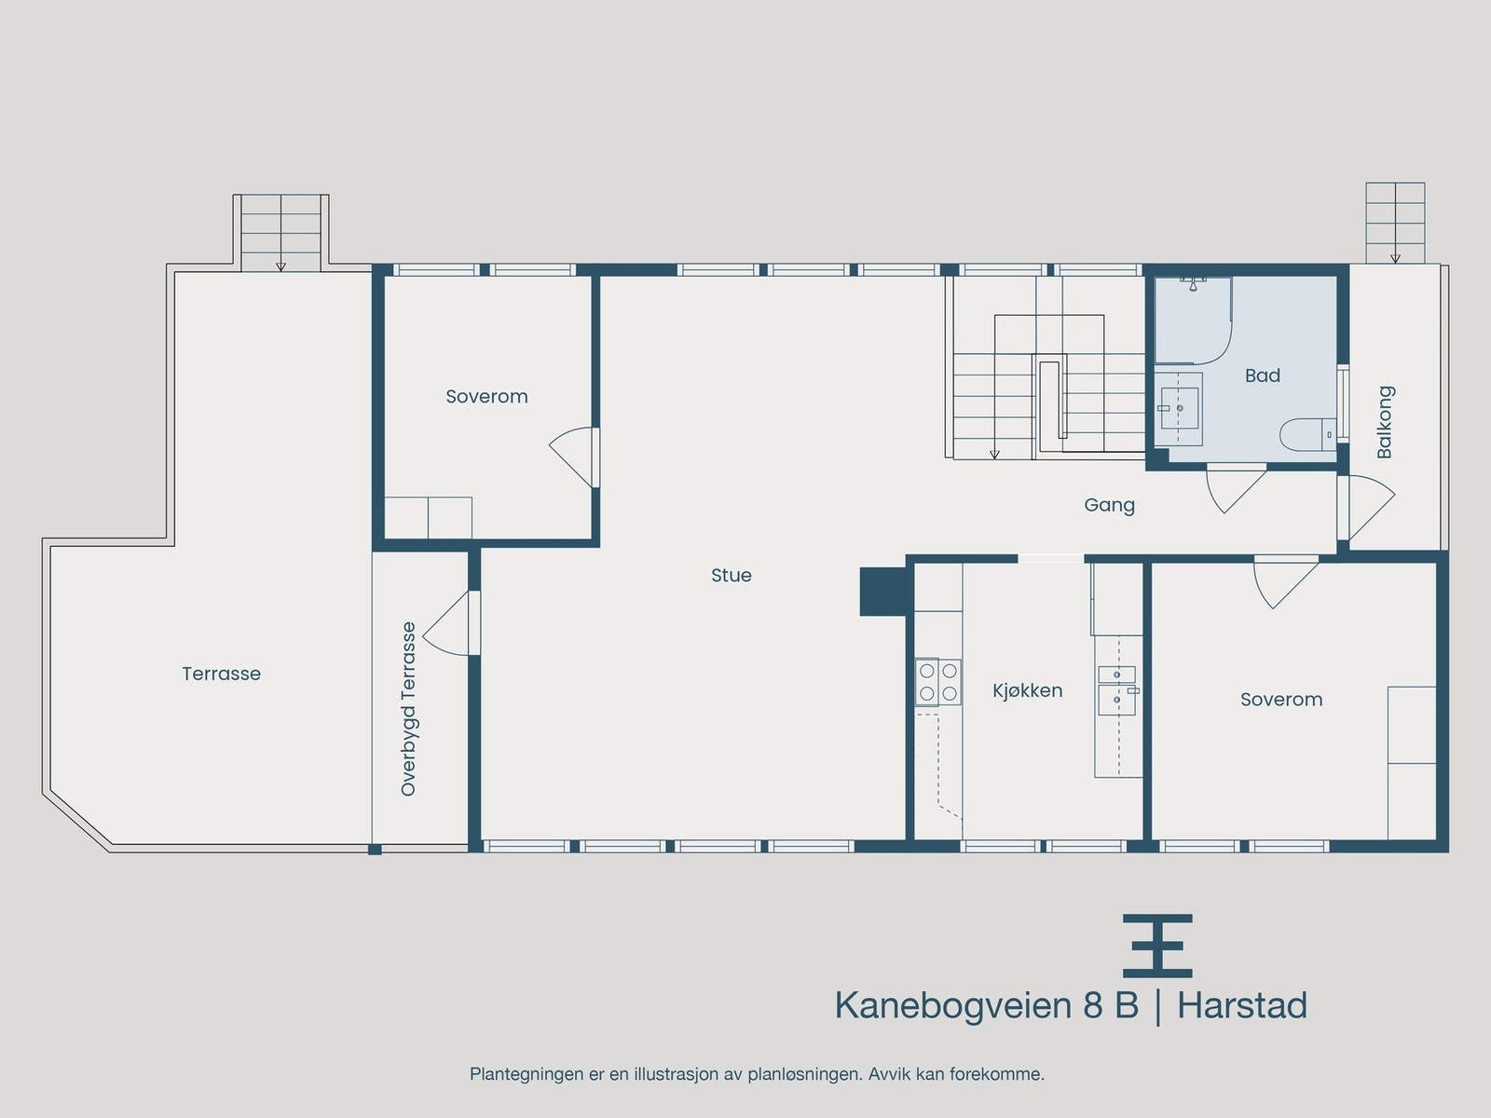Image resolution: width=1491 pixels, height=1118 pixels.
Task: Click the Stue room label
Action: pyautogui.click(x=731, y=576)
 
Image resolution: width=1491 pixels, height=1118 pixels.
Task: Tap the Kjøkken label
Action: pyautogui.click(x=1027, y=690)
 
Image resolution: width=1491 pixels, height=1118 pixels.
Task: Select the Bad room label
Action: pyautogui.click(x=1262, y=375)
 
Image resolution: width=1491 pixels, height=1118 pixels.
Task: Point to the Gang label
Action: pyautogui.click(x=1109, y=505)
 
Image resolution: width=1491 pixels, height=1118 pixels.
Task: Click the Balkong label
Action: pyautogui.click(x=1385, y=422)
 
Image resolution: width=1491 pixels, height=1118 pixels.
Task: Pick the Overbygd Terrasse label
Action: pyautogui.click(x=408, y=709)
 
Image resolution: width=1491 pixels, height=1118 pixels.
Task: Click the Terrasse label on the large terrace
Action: pyautogui.click(x=221, y=674)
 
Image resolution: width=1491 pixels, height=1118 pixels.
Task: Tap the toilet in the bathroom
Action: pyautogui.click(x=1306, y=435)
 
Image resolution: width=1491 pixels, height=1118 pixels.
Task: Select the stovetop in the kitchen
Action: pyautogui.click(x=937, y=681)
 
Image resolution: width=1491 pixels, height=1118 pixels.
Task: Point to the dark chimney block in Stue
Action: pyautogui.click(x=882, y=592)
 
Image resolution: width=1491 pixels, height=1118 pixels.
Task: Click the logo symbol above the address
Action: pyautogui.click(x=1157, y=945)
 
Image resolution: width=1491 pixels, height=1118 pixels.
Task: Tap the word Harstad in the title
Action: pyautogui.click(x=1241, y=1006)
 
